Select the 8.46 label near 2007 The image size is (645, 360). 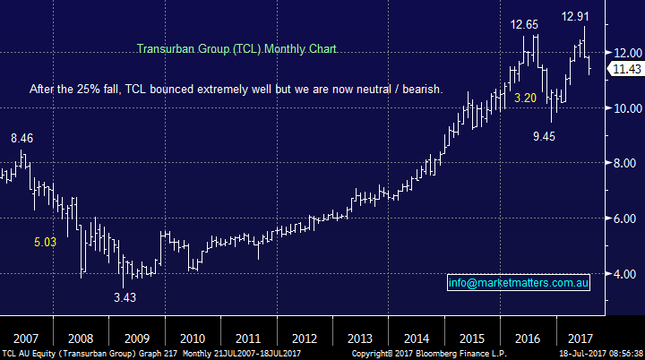(x=23, y=139)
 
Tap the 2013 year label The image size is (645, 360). (x=360, y=339)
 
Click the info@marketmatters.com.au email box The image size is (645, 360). (x=517, y=283)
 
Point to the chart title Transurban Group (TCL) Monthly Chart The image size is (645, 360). (x=236, y=50)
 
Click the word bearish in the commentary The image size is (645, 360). (x=445, y=90)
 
